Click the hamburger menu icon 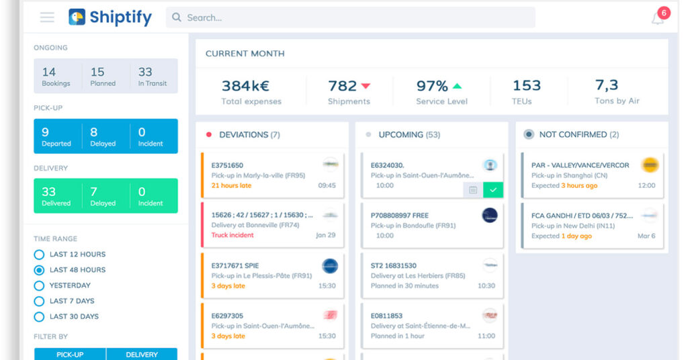(47, 17)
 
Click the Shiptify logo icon (77, 17)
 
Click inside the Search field (349, 17)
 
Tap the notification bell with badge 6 (658, 18)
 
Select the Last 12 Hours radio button (39, 255)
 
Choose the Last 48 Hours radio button (39, 270)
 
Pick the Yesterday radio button (39, 285)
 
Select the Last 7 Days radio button (39, 301)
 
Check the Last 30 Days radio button (39, 316)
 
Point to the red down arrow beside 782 (366, 86)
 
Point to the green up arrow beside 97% (457, 86)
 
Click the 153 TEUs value (526, 86)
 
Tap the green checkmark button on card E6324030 (493, 190)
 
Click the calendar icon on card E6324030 (473, 190)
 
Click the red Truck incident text (232, 236)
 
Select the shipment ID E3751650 (227, 165)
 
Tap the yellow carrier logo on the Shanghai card (649, 165)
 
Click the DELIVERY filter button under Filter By (142, 354)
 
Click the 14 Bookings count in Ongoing (49, 73)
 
